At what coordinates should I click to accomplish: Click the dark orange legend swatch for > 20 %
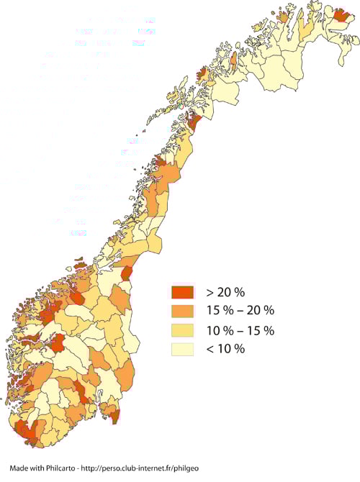183,292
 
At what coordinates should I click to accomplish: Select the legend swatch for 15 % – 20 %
183,311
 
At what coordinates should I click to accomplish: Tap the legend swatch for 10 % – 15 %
183,330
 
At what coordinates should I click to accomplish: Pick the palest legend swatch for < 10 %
183,349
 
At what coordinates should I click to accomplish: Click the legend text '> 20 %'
225,292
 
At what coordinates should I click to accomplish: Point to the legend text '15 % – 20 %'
240,311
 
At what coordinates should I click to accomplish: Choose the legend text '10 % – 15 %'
240,330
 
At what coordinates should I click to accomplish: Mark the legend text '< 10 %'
225,349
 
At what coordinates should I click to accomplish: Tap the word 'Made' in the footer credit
19,468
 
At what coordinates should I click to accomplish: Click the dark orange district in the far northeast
341,16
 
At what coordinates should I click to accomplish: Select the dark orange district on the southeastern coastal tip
112,411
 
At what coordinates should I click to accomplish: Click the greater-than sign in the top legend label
210,292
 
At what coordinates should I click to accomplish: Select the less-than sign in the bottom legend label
210,349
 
